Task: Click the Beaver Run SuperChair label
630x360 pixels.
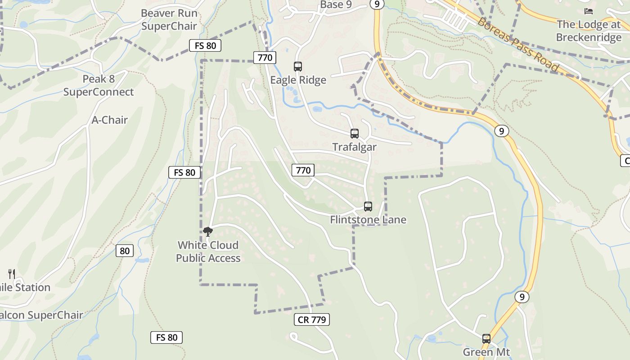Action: pos(169,20)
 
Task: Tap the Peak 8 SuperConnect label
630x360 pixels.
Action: pos(99,85)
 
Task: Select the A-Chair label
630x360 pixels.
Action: pos(110,120)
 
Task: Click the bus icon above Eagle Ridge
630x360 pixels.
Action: pos(298,67)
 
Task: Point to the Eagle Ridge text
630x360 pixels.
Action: pos(298,80)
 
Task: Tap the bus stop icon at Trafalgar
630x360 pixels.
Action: pos(355,134)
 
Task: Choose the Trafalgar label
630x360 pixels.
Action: pos(355,147)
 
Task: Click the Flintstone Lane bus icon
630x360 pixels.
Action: pos(368,207)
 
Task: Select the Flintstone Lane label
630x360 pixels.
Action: pos(368,220)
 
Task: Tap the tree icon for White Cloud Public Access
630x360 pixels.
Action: pos(207,232)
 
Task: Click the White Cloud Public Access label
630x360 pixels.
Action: pos(208,252)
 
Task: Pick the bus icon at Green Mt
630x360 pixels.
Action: pos(486,339)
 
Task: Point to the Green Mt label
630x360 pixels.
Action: pos(486,352)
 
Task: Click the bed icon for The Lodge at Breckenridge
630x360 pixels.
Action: pos(589,11)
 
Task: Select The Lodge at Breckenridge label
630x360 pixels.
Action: pos(589,31)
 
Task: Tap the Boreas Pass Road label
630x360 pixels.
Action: pos(518,45)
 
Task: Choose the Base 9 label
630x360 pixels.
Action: pos(336,4)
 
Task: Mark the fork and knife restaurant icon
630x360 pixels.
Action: pos(12,274)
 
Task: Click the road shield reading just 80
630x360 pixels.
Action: pos(125,251)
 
